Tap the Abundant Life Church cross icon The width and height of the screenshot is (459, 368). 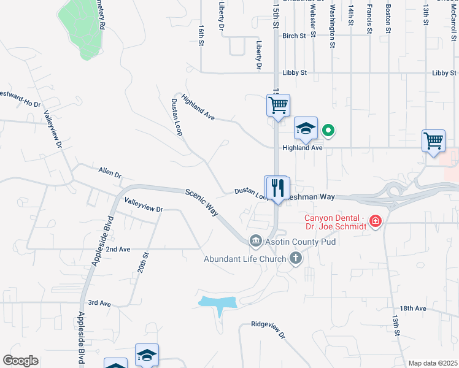tap(296, 258)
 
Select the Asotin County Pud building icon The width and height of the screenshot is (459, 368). tap(255, 242)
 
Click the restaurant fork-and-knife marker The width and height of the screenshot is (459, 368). tap(277, 188)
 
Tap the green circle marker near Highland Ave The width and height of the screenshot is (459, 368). tap(328, 129)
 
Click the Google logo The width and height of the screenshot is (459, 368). tap(20, 361)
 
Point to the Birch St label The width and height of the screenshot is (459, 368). tap(294, 36)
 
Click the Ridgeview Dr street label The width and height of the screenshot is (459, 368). tap(269, 330)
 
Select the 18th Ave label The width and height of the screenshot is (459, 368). tap(412, 309)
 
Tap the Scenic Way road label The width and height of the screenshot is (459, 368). tap(203, 202)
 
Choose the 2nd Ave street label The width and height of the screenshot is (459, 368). tap(118, 250)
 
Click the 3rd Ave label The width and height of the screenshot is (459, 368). tap(99, 303)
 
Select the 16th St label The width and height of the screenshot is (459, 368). tap(201, 36)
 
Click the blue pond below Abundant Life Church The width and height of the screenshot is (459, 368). tap(218, 302)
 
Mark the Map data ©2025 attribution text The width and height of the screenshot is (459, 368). tap(433, 363)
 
